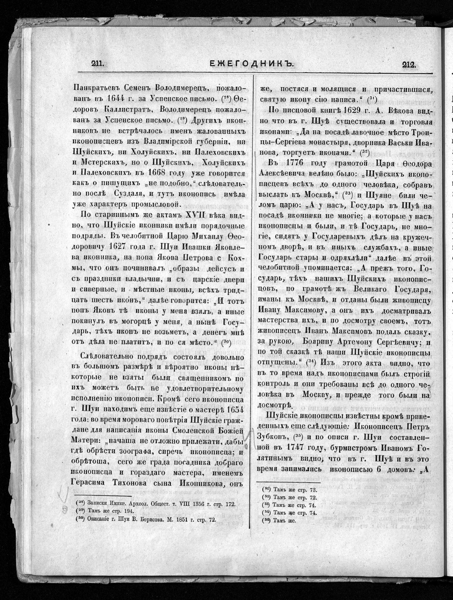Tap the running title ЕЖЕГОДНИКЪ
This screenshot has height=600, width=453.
[x=251, y=64]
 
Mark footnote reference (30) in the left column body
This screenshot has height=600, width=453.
[x=226, y=343]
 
